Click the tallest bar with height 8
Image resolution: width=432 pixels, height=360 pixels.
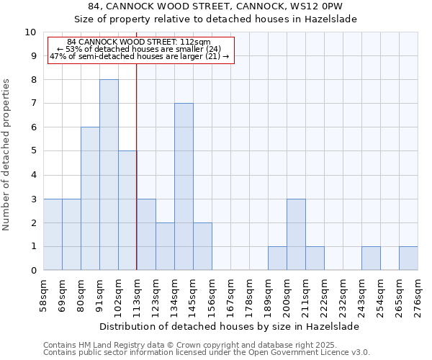109,175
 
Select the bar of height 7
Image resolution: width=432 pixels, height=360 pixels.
184,187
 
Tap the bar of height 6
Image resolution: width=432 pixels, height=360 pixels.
90,199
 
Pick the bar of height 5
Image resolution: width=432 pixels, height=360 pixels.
127,210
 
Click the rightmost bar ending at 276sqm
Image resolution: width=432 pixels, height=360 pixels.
408,258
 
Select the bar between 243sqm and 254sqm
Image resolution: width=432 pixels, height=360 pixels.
371,258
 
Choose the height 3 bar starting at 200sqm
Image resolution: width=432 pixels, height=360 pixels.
296,235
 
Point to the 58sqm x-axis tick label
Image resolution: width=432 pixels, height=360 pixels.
44,294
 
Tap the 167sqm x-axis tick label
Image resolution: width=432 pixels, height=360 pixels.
231,294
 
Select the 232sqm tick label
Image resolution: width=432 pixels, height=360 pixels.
343,294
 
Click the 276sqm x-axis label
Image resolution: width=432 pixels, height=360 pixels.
418,294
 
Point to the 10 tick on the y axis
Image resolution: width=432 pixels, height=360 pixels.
30,32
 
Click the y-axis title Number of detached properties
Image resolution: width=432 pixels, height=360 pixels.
7,155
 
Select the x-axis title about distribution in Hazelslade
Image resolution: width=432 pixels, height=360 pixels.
230,326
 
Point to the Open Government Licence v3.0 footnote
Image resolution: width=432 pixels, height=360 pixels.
207,353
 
